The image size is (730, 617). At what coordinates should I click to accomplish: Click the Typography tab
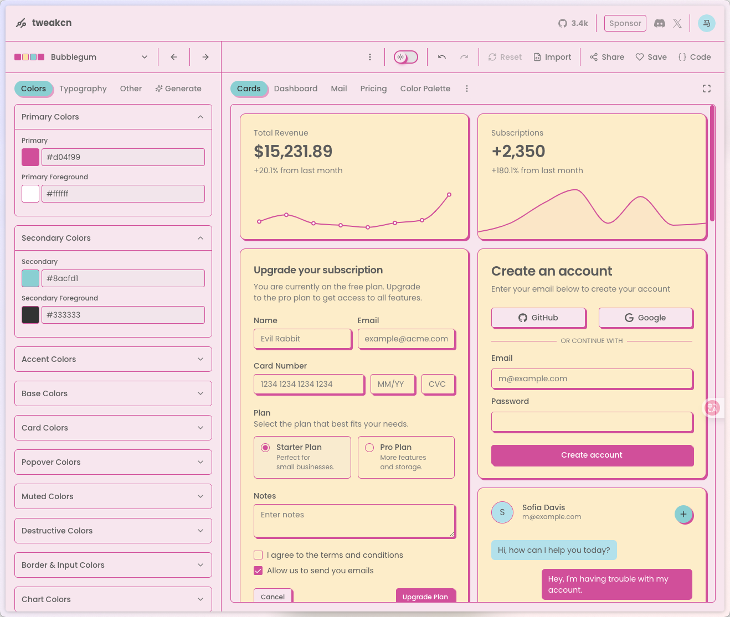(x=83, y=89)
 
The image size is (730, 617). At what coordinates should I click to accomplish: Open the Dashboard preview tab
(x=295, y=89)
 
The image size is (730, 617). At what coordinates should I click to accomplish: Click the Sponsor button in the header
(x=625, y=23)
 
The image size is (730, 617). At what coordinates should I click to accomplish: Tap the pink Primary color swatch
(x=30, y=157)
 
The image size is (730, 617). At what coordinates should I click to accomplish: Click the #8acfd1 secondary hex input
(x=123, y=278)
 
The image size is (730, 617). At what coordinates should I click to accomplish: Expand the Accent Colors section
(x=113, y=359)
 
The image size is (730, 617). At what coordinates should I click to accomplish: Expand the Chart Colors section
(x=113, y=599)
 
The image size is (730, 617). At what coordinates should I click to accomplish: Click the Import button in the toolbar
(x=552, y=57)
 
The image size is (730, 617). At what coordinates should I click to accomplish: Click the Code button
(x=695, y=57)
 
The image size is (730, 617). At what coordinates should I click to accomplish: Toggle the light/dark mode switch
(x=406, y=57)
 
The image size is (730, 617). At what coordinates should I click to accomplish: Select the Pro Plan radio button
(x=369, y=448)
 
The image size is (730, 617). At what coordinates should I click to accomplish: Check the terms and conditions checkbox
(x=258, y=555)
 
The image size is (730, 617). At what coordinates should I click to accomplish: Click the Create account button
(x=592, y=455)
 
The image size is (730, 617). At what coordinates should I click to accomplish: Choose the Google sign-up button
(x=645, y=318)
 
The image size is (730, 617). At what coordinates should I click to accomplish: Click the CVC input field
(x=438, y=384)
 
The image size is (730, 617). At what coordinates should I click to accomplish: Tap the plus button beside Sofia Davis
(x=683, y=514)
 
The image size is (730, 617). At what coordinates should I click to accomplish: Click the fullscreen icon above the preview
(x=707, y=89)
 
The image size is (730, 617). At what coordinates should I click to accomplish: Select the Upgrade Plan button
(x=425, y=596)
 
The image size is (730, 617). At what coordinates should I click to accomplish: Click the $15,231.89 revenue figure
(x=293, y=151)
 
